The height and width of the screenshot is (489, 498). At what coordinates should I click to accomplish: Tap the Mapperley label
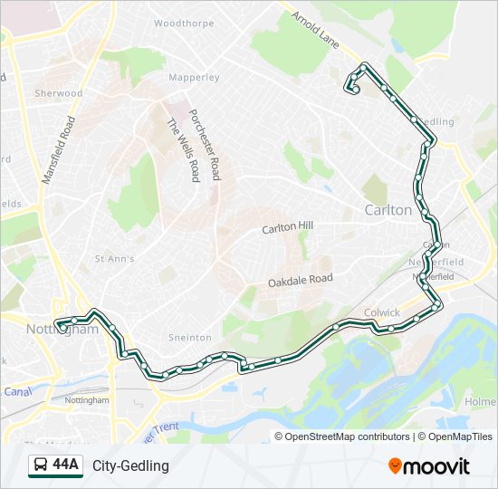tap(194, 78)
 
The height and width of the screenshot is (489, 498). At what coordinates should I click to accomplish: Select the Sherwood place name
tap(58, 93)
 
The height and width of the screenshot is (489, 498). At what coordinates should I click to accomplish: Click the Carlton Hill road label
tap(287, 228)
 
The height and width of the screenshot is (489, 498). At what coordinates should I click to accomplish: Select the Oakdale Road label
tap(300, 282)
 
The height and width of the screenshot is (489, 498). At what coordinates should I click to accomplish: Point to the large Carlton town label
tap(388, 210)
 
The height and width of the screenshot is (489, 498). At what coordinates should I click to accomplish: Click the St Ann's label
tap(114, 259)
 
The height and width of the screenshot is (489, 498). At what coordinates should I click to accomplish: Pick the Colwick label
tap(381, 312)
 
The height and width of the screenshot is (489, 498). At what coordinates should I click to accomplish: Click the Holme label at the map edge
tap(480, 401)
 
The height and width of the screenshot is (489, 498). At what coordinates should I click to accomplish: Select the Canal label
tap(17, 392)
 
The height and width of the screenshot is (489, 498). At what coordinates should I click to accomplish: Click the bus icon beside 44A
tap(41, 465)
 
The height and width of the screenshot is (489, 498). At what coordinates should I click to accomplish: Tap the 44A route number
tap(65, 465)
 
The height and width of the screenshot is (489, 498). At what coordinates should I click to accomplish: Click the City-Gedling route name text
tap(130, 465)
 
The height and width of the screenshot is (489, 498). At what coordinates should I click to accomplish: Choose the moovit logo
tap(429, 466)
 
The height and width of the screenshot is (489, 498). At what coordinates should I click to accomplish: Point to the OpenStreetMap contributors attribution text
tap(347, 436)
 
